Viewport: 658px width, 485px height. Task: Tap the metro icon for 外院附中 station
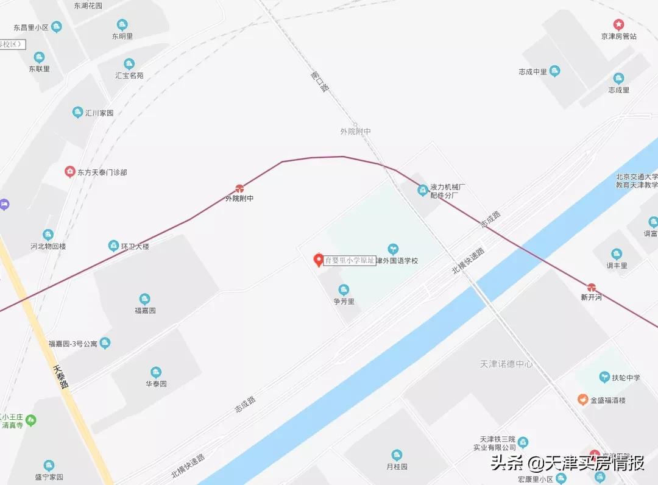(x=239, y=189)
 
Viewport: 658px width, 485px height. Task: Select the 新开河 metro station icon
(x=591, y=288)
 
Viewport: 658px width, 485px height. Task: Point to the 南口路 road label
(x=319, y=82)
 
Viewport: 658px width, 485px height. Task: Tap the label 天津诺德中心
(x=506, y=364)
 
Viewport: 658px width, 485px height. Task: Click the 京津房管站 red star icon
(x=619, y=25)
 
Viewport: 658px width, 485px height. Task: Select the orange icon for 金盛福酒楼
(x=583, y=400)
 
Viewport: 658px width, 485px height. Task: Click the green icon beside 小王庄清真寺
(x=30, y=420)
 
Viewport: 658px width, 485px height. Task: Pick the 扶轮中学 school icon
(x=605, y=378)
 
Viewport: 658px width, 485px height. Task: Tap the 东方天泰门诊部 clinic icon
(x=70, y=172)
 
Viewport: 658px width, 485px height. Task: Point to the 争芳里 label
(x=344, y=301)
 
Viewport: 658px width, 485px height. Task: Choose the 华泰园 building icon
(x=156, y=372)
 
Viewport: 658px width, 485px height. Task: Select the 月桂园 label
(x=397, y=467)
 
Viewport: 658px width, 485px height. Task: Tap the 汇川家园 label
(x=99, y=113)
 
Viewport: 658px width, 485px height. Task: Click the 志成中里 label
(x=533, y=72)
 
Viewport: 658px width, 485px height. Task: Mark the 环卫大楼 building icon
(x=113, y=246)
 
